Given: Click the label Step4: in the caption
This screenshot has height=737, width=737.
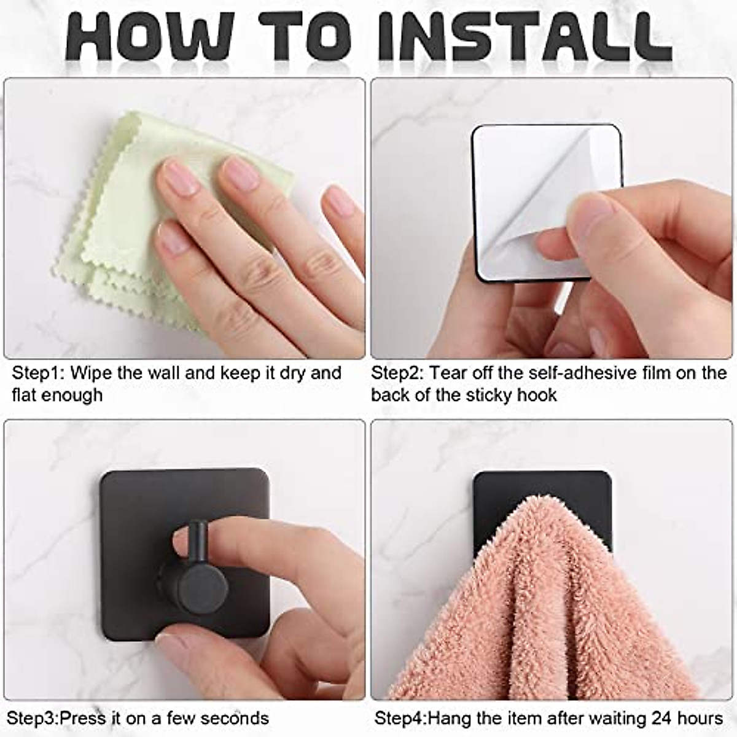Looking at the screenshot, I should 400,718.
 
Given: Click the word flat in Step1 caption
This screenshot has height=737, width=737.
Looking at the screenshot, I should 24,395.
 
